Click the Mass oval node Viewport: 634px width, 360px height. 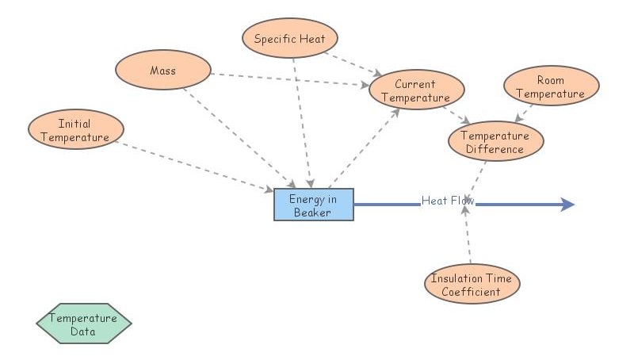[163, 71]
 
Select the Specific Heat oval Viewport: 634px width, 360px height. [295, 39]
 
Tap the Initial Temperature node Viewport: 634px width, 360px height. [75, 130]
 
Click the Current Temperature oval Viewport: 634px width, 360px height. [414, 91]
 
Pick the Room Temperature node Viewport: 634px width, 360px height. [550, 86]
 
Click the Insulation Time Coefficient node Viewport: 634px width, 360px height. [471, 285]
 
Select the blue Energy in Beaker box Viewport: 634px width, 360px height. [313, 205]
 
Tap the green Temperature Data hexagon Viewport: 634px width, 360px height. [83, 324]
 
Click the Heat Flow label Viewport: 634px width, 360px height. [448, 201]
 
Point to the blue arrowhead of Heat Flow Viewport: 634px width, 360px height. [567, 205]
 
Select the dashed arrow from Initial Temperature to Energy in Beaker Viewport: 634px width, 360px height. [198, 167]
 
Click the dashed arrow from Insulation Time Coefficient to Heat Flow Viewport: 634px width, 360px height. [468, 238]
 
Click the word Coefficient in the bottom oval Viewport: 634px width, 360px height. [471, 292]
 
